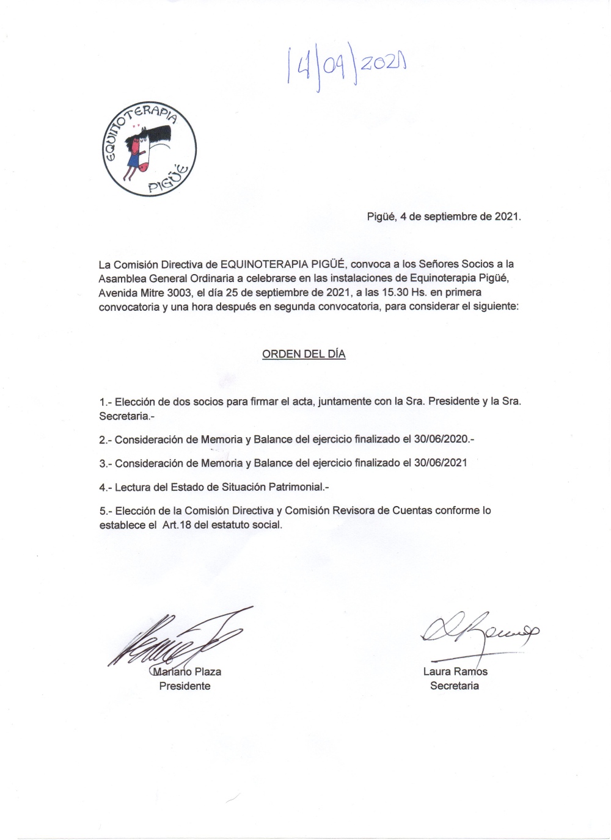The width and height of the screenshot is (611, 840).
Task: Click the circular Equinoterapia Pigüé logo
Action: (x=149, y=149)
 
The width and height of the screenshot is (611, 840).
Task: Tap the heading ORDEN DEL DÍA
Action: (x=304, y=354)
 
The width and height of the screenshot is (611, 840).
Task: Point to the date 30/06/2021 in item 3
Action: (x=441, y=463)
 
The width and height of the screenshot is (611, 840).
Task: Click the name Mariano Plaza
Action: (x=187, y=672)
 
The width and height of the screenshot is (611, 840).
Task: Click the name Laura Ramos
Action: (x=455, y=672)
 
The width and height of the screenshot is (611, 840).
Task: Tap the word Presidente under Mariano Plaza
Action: (x=185, y=686)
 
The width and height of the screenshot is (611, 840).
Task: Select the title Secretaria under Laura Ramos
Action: (x=455, y=686)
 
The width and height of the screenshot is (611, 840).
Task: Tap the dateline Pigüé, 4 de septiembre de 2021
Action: (x=444, y=216)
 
